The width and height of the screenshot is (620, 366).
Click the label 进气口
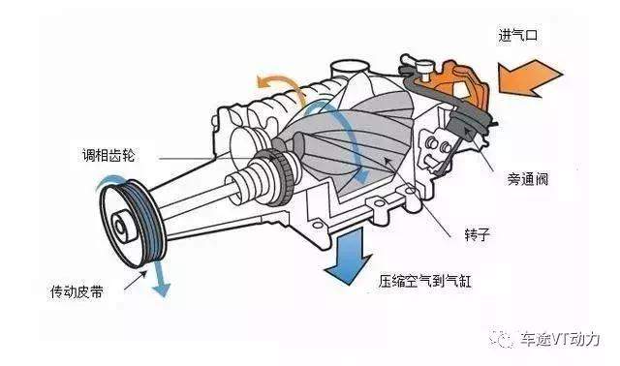coord(517,36)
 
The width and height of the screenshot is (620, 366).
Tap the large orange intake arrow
coord(530,78)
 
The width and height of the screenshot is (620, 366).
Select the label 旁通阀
coord(527,179)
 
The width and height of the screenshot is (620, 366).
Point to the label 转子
coord(478,234)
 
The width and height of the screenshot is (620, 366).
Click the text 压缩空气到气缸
coord(424,281)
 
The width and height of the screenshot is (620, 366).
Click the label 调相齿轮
coord(108,155)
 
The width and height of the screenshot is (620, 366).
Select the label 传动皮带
coord(77,291)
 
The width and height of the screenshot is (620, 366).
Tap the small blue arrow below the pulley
coord(160,278)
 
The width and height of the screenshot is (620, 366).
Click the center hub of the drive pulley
coord(120,227)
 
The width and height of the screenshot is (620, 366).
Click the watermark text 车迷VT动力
coord(560,339)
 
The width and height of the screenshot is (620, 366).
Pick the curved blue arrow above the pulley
coord(109,181)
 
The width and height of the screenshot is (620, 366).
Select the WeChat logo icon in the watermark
coord(501,338)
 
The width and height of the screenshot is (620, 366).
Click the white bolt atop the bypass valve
coord(424,70)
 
